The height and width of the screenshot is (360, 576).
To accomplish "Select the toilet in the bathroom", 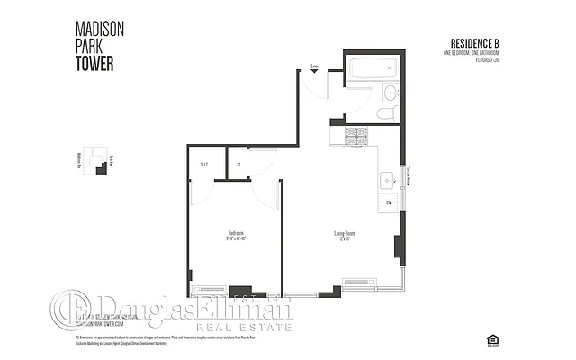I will [x=387, y=113].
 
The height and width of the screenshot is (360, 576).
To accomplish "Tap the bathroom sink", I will [x=390, y=93].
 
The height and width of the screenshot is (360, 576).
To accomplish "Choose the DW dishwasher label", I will [x=388, y=203].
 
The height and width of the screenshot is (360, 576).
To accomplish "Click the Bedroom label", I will [x=236, y=233].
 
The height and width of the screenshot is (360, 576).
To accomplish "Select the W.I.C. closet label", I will [x=206, y=164].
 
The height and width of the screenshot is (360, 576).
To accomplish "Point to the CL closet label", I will [x=238, y=164].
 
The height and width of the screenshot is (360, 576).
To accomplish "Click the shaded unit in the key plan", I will [x=101, y=168].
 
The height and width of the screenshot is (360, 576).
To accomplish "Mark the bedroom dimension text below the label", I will [x=236, y=239].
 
